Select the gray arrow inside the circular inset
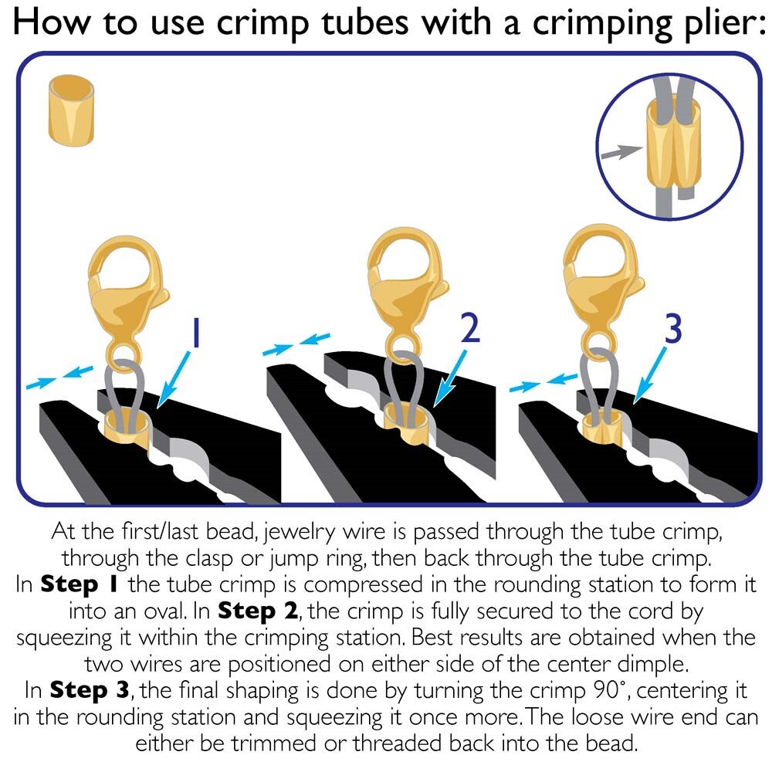tap(621, 152)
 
